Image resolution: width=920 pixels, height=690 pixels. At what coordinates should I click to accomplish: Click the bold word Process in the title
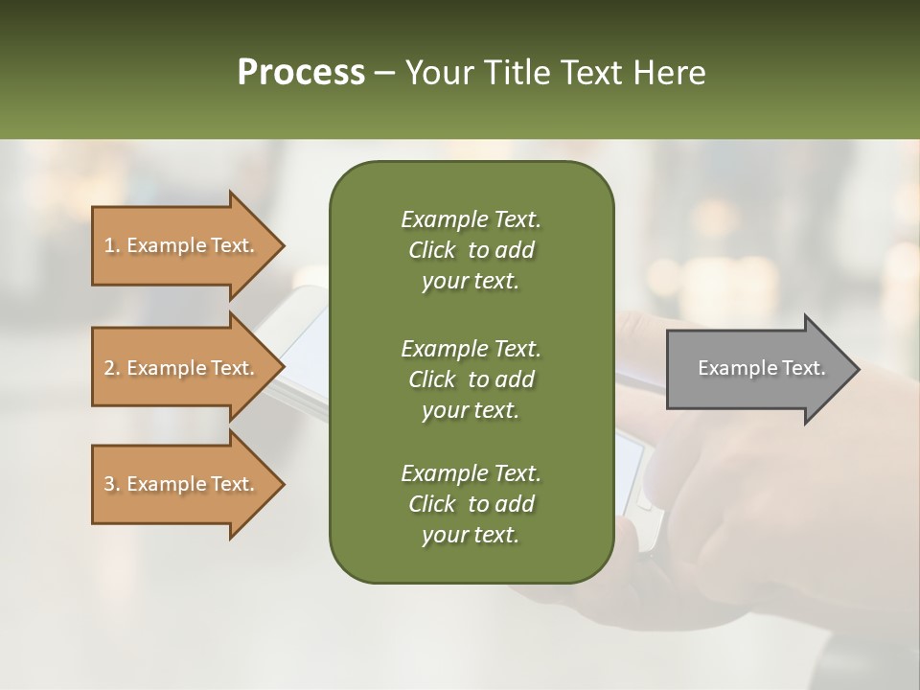(x=301, y=73)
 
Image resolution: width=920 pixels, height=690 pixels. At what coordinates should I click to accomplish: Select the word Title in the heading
(x=515, y=73)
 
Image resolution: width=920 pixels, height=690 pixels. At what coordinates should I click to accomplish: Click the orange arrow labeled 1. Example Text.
(x=182, y=245)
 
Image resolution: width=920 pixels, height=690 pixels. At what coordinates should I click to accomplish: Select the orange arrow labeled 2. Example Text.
(x=182, y=368)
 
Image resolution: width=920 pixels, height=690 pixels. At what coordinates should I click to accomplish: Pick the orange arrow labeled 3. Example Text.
(x=182, y=484)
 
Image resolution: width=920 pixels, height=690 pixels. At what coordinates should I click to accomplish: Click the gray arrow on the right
(x=757, y=369)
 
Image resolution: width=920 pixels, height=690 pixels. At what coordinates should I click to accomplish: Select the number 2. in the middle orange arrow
(x=112, y=368)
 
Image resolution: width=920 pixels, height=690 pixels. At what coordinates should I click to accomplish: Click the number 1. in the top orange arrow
(x=112, y=245)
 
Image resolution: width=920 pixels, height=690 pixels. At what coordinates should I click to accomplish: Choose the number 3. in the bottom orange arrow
(x=112, y=484)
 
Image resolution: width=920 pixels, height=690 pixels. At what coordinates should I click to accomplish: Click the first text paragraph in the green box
(x=471, y=250)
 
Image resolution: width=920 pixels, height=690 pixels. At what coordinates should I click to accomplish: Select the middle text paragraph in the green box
(x=471, y=379)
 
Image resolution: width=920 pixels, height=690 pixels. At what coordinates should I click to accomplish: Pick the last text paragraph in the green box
(x=471, y=504)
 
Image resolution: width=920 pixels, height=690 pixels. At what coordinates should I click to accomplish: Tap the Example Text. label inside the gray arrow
(x=761, y=368)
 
